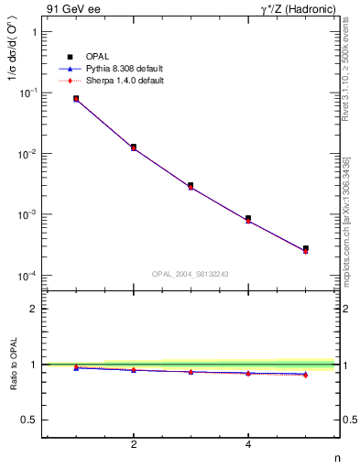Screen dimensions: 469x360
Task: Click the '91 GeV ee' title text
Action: pyautogui.click(x=69, y=8)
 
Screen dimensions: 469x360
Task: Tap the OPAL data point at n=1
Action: pyautogui.click(x=76, y=98)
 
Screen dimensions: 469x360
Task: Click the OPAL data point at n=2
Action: pyautogui.click(x=134, y=147)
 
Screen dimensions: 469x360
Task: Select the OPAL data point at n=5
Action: pyautogui.click(x=305, y=248)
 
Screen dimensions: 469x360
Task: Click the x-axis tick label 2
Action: pyautogui.click(x=134, y=446)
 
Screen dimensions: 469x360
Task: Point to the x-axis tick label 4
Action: pyautogui.click(x=248, y=446)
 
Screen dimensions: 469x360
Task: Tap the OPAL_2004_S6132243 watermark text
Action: pyautogui.click(x=190, y=273)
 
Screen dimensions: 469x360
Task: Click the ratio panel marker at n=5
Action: pyautogui.click(x=305, y=375)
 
